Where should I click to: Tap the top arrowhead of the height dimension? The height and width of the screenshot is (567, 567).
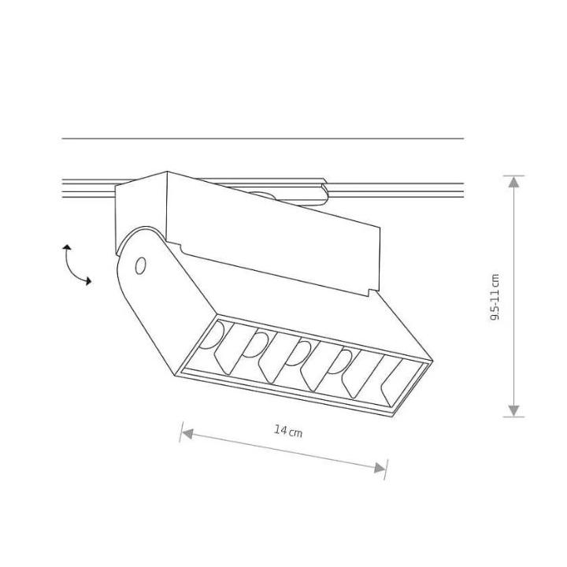[x=513, y=182]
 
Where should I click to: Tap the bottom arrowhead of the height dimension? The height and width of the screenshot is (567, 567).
[x=513, y=409]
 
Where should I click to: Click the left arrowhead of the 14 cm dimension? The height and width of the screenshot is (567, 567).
[x=186, y=431]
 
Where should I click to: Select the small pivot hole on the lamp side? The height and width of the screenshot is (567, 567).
[x=140, y=266]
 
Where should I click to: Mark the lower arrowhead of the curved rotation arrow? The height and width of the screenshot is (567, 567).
[x=87, y=280]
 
